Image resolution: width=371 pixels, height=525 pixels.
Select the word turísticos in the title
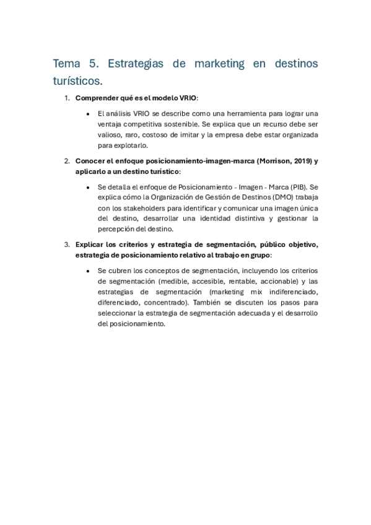tap(77, 80)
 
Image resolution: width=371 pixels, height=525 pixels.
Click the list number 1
tap(67, 98)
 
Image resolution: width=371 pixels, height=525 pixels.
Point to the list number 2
tap(67, 161)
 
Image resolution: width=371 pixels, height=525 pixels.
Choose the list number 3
tap(67, 244)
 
